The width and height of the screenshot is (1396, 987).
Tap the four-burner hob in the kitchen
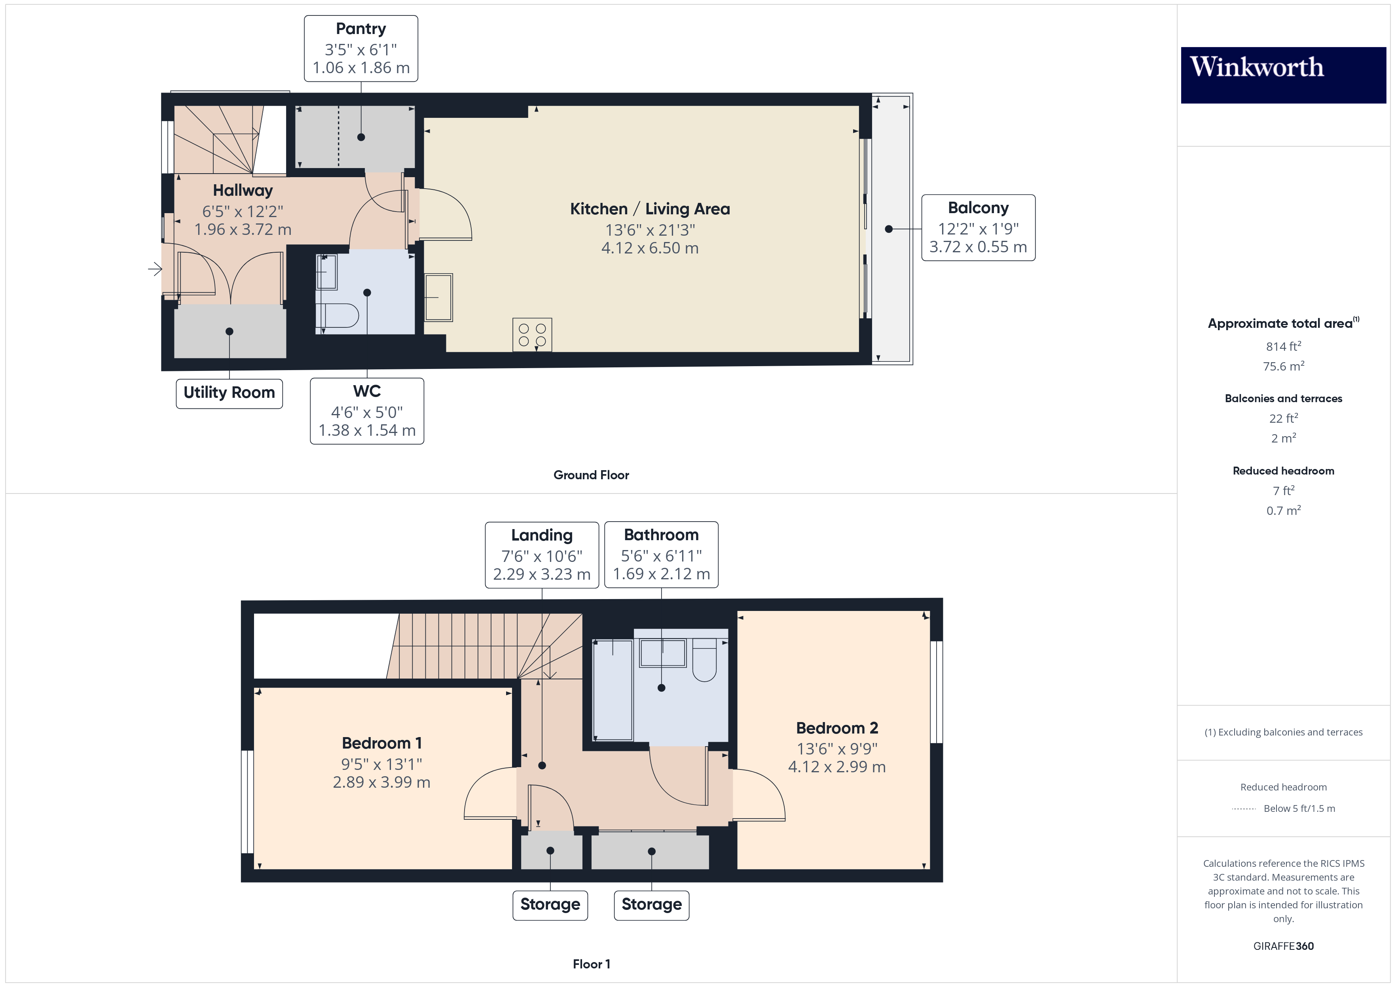(532, 334)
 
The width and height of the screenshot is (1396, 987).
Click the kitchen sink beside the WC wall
(438, 297)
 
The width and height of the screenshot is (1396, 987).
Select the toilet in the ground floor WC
(339, 316)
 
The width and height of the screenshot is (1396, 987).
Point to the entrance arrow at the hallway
(155, 268)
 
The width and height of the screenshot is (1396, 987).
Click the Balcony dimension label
(978, 228)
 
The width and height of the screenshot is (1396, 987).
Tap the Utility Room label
(229, 393)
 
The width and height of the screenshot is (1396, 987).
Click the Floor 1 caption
(591, 964)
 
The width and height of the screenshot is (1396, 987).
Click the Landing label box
(541, 555)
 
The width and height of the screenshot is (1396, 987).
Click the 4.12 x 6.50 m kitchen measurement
(649, 248)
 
